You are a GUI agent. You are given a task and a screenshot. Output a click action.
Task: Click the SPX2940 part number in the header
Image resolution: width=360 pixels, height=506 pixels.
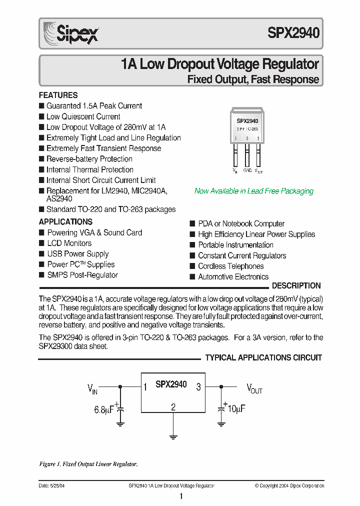293,33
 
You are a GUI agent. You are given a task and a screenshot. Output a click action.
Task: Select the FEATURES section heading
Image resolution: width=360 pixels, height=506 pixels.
58,95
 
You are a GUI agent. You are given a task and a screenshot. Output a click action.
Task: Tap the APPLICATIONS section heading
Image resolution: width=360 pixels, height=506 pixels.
65,221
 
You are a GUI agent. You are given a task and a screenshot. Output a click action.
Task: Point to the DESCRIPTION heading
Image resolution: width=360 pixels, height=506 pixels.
296,286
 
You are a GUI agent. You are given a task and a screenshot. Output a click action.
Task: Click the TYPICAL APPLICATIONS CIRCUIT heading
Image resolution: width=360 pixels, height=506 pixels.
263,357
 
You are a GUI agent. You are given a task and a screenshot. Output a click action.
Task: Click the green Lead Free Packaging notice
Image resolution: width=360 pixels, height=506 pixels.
253,191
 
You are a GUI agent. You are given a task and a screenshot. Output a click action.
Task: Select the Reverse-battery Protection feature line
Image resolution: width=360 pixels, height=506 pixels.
89,159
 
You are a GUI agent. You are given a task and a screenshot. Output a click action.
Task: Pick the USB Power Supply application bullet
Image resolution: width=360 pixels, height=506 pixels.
77,254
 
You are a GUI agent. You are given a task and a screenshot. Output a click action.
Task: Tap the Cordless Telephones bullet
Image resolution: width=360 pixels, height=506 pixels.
230,266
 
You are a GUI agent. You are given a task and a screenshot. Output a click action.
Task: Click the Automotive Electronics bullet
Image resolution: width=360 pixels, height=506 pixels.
233,277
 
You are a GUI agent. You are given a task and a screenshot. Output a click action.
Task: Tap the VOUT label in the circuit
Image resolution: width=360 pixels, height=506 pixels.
254,388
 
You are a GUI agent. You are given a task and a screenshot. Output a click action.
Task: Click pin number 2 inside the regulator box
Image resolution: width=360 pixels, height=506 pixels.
173,407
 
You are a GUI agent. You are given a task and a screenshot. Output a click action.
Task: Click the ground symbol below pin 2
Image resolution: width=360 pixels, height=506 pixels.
173,437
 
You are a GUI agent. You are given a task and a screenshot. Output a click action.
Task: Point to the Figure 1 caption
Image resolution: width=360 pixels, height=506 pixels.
88,464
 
